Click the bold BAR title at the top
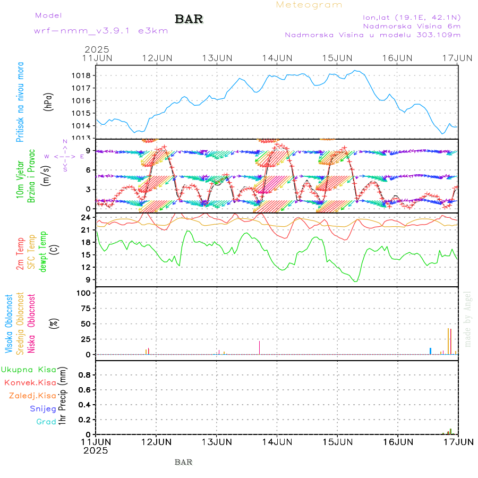click(x=189, y=19)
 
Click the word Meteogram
click(x=309, y=5)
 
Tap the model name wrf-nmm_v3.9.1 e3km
click(x=86, y=30)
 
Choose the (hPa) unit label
click(x=49, y=101)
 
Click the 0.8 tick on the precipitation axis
click(x=84, y=375)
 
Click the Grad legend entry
click(x=46, y=422)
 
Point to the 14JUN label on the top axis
click(x=277, y=57)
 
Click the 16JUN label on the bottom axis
click(x=397, y=441)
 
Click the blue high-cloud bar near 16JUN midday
click(x=430, y=351)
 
